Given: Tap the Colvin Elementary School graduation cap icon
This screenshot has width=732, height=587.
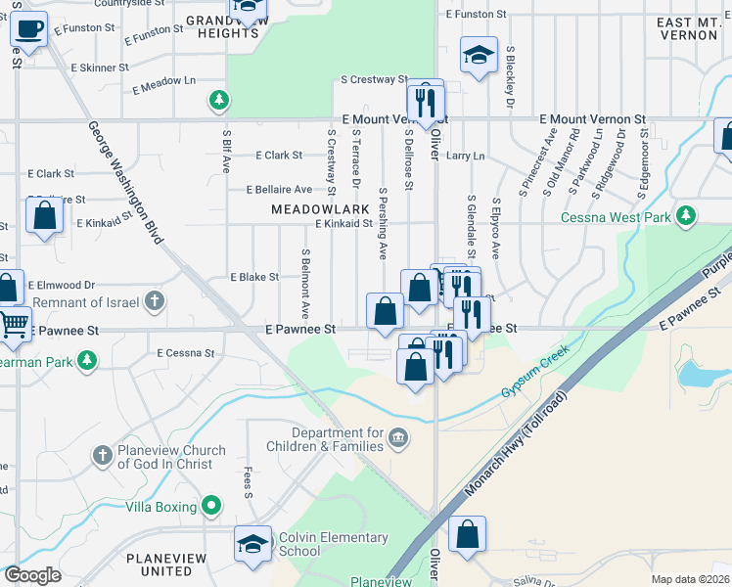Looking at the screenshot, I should [252, 545].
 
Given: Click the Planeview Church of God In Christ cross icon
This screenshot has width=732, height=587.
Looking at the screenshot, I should [103, 455].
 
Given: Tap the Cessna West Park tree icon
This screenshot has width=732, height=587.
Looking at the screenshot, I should [687, 214].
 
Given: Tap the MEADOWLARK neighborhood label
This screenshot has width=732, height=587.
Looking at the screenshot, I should [320, 209].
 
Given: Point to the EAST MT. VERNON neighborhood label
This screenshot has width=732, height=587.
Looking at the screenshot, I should [687, 28].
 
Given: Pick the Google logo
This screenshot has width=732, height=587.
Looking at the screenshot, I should [32, 575].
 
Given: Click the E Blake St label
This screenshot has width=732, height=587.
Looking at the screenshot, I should [254, 277].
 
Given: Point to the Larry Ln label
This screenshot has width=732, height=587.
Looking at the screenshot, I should [465, 156].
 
